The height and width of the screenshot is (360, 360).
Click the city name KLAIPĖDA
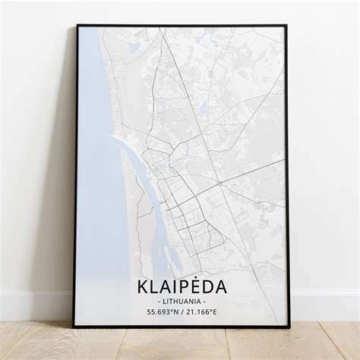[x=181, y=287]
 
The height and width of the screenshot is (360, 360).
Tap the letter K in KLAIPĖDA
[x=144, y=287]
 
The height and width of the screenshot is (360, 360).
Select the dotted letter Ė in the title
[x=192, y=286]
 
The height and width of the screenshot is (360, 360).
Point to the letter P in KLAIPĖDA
[x=181, y=287]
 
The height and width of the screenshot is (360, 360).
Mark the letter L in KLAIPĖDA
[x=155, y=287]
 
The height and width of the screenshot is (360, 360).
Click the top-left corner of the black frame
[x=77, y=26]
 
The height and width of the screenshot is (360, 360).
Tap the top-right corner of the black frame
[x=286, y=26]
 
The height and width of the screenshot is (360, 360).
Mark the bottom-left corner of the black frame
[x=74, y=327]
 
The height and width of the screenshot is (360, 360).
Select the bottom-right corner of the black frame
[x=289, y=327]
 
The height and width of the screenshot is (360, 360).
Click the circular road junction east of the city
[x=219, y=183]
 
